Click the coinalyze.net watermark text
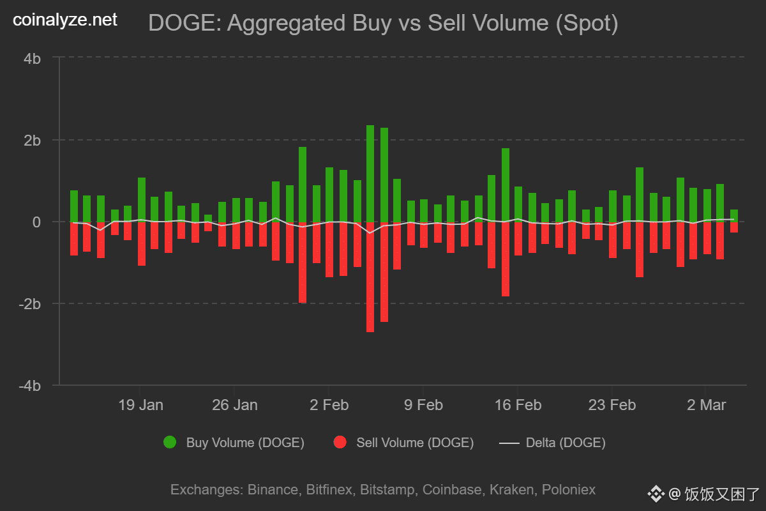pyautogui.click(x=65, y=20)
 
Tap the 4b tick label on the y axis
pyautogui.click(x=33, y=58)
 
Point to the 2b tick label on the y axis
pyautogui.click(x=33, y=140)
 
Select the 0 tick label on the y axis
pyautogui.click(x=36, y=222)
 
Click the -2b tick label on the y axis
pyautogui.click(x=30, y=303)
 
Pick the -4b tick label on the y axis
pyautogui.click(x=30, y=386)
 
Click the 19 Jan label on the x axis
pyautogui.click(x=140, y=405)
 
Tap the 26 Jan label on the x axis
pyautogui.click(x=235, y=405)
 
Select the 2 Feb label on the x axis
pyautogui.click(x=329, y=405)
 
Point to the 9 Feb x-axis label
pyautogui.click(x=423, y=405)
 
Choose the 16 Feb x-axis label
pyautogui.click(x=518, y=405)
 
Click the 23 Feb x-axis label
pyautogui.click(x=612, y=405)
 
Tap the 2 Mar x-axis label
pyautogui.click(x=706, y=405)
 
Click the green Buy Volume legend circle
pyautogui.click(x=170, y=442)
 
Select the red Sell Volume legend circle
pyautogui.click(x=340, y=442)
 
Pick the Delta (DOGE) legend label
pyautogui.click(x=566, y=442)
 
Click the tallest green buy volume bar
pyautogui.click(x=370, y=172)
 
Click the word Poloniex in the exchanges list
pyautogui.click(x=569, y=490)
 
